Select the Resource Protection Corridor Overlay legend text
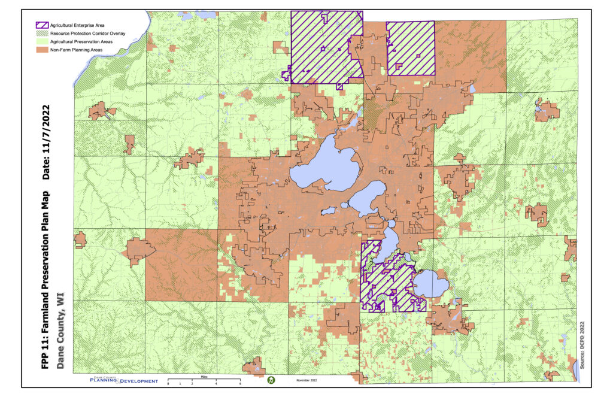coord(90,34)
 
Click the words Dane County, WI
coord(60,335)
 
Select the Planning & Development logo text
coord(124,381)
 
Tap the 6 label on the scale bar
coord(240,383)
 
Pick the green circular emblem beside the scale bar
coord(271,380)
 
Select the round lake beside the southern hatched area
coord(430,284)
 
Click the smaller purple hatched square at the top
coord(411,48)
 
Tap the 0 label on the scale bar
coord(168,383)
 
